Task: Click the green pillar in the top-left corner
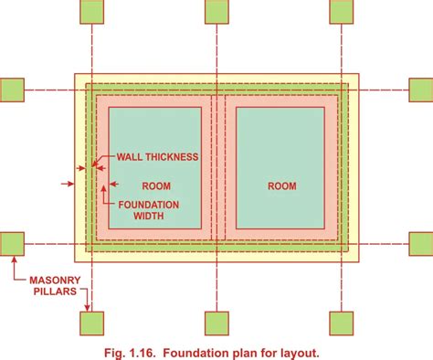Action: click(91, 11)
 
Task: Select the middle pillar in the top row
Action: click(216, 11)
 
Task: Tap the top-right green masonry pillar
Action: click(340, 11)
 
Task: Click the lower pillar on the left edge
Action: click(12, 244)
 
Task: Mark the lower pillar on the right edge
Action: click(421, 244)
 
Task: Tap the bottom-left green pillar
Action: click(91, 323)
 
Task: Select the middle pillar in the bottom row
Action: click(216, 323)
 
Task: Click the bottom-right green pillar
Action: click(340, 323)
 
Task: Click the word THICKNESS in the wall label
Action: click(171, 157)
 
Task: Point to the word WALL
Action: click(129, 157)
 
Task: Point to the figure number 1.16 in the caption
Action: click(161, 350)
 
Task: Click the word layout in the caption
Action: click(298, 350)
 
